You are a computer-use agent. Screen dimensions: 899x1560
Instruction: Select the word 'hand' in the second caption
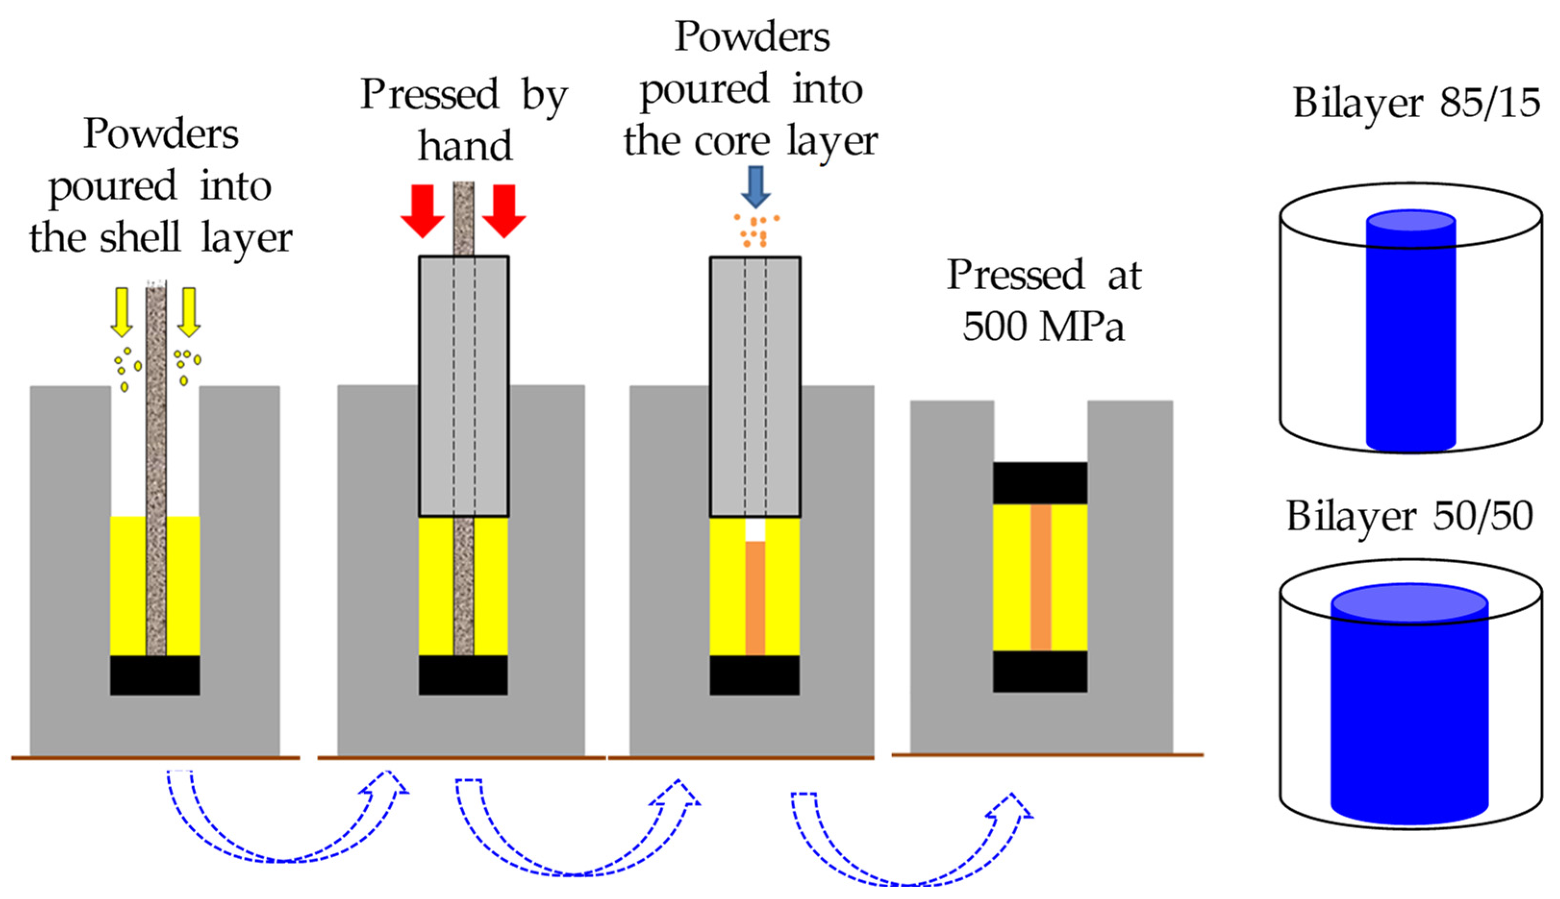click(x=465, y=147)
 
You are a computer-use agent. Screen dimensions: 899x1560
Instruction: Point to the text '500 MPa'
click(x=1043, y=326)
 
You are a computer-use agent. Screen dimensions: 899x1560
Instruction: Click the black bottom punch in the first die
click(x=155, y=675)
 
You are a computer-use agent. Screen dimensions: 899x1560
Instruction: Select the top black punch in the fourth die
click(x=1040, y=483)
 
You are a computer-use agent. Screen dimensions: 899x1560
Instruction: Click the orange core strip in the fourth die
click(x=1041, y=578)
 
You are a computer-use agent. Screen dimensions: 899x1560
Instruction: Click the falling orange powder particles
click(x=755, y=230)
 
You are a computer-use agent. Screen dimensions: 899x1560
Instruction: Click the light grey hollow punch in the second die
click(x=436, y=386)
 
